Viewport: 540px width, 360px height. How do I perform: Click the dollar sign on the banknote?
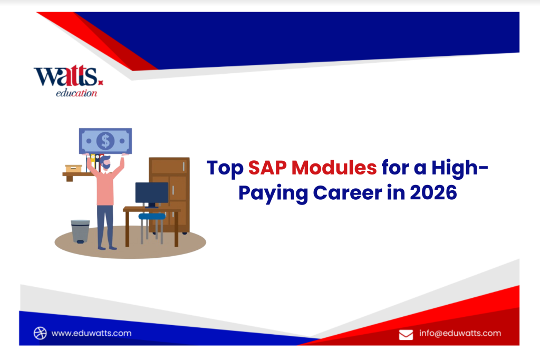[106, 141]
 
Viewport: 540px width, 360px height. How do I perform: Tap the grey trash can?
[80, 231]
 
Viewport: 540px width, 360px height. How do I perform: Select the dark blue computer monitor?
[151, 193]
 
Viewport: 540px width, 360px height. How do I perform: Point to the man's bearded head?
[106, 163]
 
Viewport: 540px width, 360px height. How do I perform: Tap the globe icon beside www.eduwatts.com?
[40, 333]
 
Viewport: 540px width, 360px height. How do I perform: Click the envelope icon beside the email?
[406, 334]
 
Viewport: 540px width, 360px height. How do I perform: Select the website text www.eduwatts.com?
[92, 333]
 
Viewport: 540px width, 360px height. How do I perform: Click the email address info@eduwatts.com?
[460, 333]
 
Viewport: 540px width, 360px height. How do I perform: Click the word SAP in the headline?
[267, 168]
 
